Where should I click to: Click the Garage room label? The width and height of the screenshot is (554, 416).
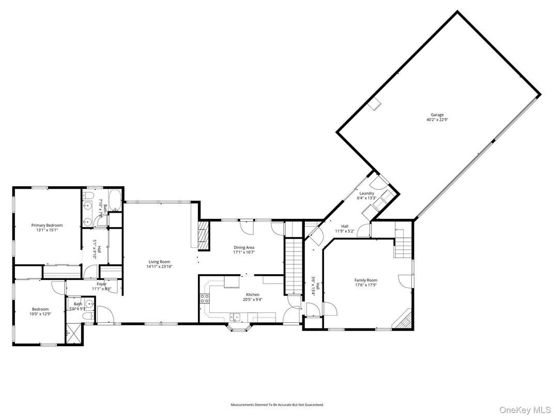[x=437, y=115]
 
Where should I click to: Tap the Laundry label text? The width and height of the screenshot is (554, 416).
[x=367, y=194]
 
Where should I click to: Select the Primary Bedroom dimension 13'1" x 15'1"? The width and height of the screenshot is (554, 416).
[x=47, y=230]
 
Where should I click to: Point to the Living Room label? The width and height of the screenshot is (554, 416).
[x=159, y=262]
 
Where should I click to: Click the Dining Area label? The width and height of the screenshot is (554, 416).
[x=244, y=247]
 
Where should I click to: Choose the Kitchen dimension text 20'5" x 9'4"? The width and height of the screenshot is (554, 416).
[x=252, y=299]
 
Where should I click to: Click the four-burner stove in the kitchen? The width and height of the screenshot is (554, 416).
[x=204, y=298]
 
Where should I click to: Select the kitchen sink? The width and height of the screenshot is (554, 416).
[x=235, y=317]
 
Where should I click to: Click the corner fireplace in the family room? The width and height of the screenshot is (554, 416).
[x=403, y=319]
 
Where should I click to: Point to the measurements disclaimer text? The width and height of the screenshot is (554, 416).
[x=276, y=404]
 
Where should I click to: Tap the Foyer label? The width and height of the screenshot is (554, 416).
[x=101, y=284]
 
